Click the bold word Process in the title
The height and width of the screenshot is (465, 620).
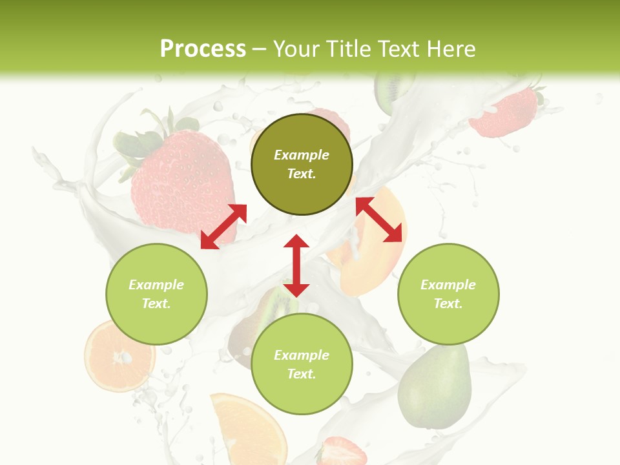pyautogui.click(x=203, y=49)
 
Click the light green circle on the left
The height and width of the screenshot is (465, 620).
pyautogui.click(x=156, y=294)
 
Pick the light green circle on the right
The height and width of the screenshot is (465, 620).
pyautogui.click(x=448, y=294)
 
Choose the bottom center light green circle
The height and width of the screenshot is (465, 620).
pyautogui.click(x=302, y=364)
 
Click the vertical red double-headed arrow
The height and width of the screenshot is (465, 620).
pyautogui.click(x=296, y=265)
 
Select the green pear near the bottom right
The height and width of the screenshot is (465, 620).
pyautogui.click(x=434, y=387)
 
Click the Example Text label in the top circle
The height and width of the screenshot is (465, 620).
pyautogui.click(x=302, y=164)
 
